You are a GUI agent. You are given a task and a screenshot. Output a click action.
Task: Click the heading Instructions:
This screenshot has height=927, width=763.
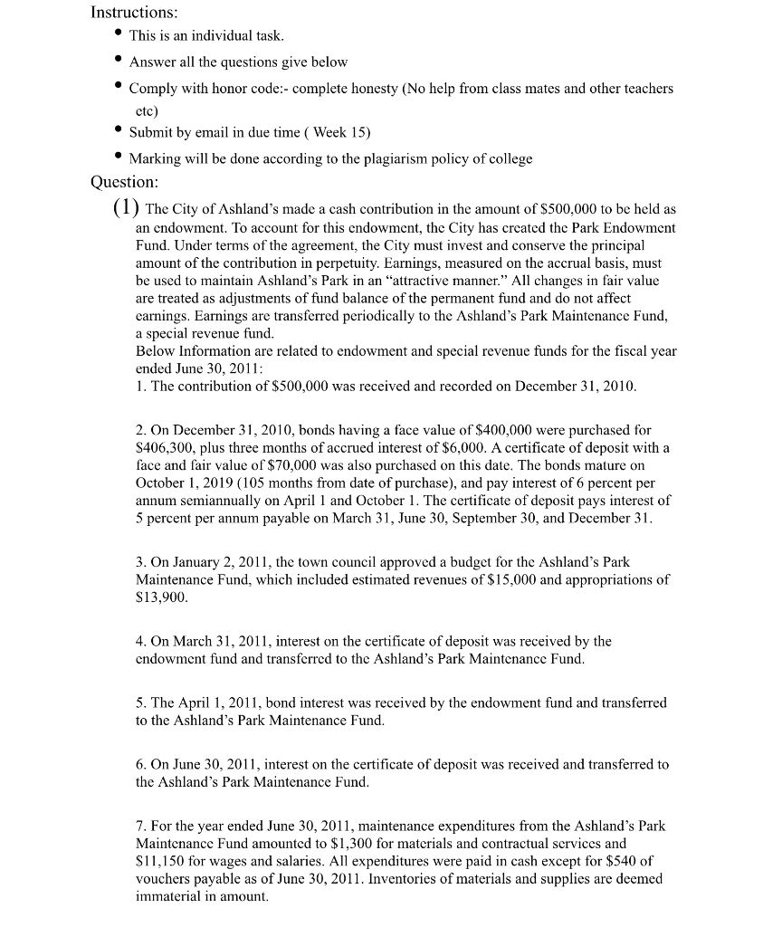(135, 14)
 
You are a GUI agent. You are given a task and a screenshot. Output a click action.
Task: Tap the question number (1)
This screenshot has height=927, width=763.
(126, 207)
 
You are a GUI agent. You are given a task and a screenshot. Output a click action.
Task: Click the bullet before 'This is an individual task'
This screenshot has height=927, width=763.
(118, 35)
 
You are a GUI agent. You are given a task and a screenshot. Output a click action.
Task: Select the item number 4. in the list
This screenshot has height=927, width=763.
(141, 642)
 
